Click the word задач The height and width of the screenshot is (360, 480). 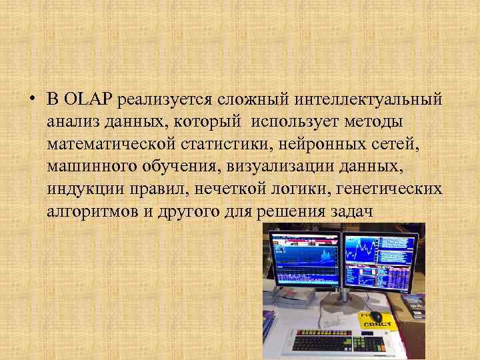(x=354, y=210)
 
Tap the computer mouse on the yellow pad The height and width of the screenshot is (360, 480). (x=375, y=315)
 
